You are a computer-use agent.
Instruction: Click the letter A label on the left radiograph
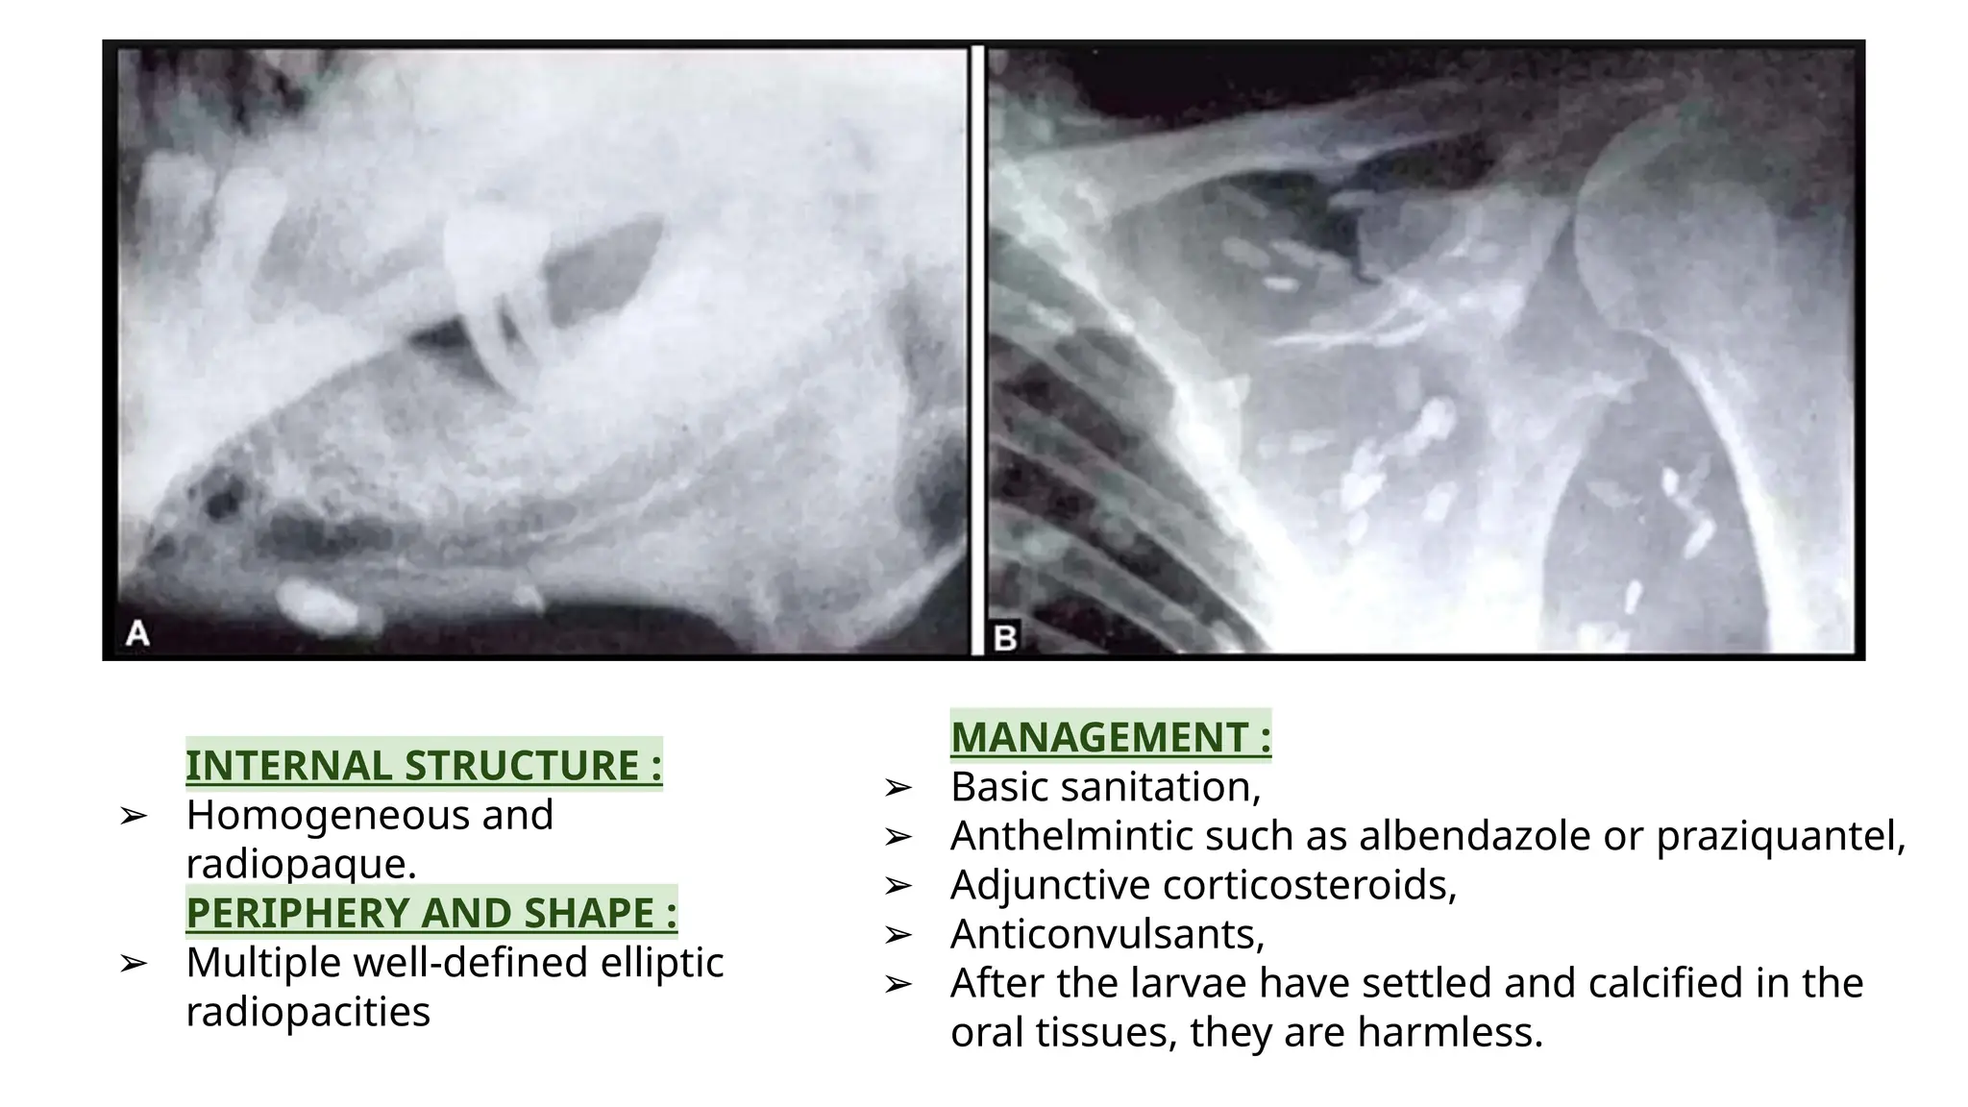click(x=138, y=633)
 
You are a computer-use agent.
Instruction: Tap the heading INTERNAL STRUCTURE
click(x=424, y=766)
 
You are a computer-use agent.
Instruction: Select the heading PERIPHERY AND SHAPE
click(x=431, y=913)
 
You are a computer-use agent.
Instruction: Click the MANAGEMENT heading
click(x=1111, y=737)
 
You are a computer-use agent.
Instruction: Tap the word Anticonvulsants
click(x=1107, y=934)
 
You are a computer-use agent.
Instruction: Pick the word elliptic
click(x=662, y=962)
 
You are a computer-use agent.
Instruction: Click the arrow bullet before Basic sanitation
click(x=898, y=788)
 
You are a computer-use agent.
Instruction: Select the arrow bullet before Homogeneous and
click(x=133, y=816)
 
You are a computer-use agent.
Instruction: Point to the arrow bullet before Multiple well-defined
click(x=133, y=963)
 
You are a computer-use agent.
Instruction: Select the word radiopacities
click(x=307, y=1011)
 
